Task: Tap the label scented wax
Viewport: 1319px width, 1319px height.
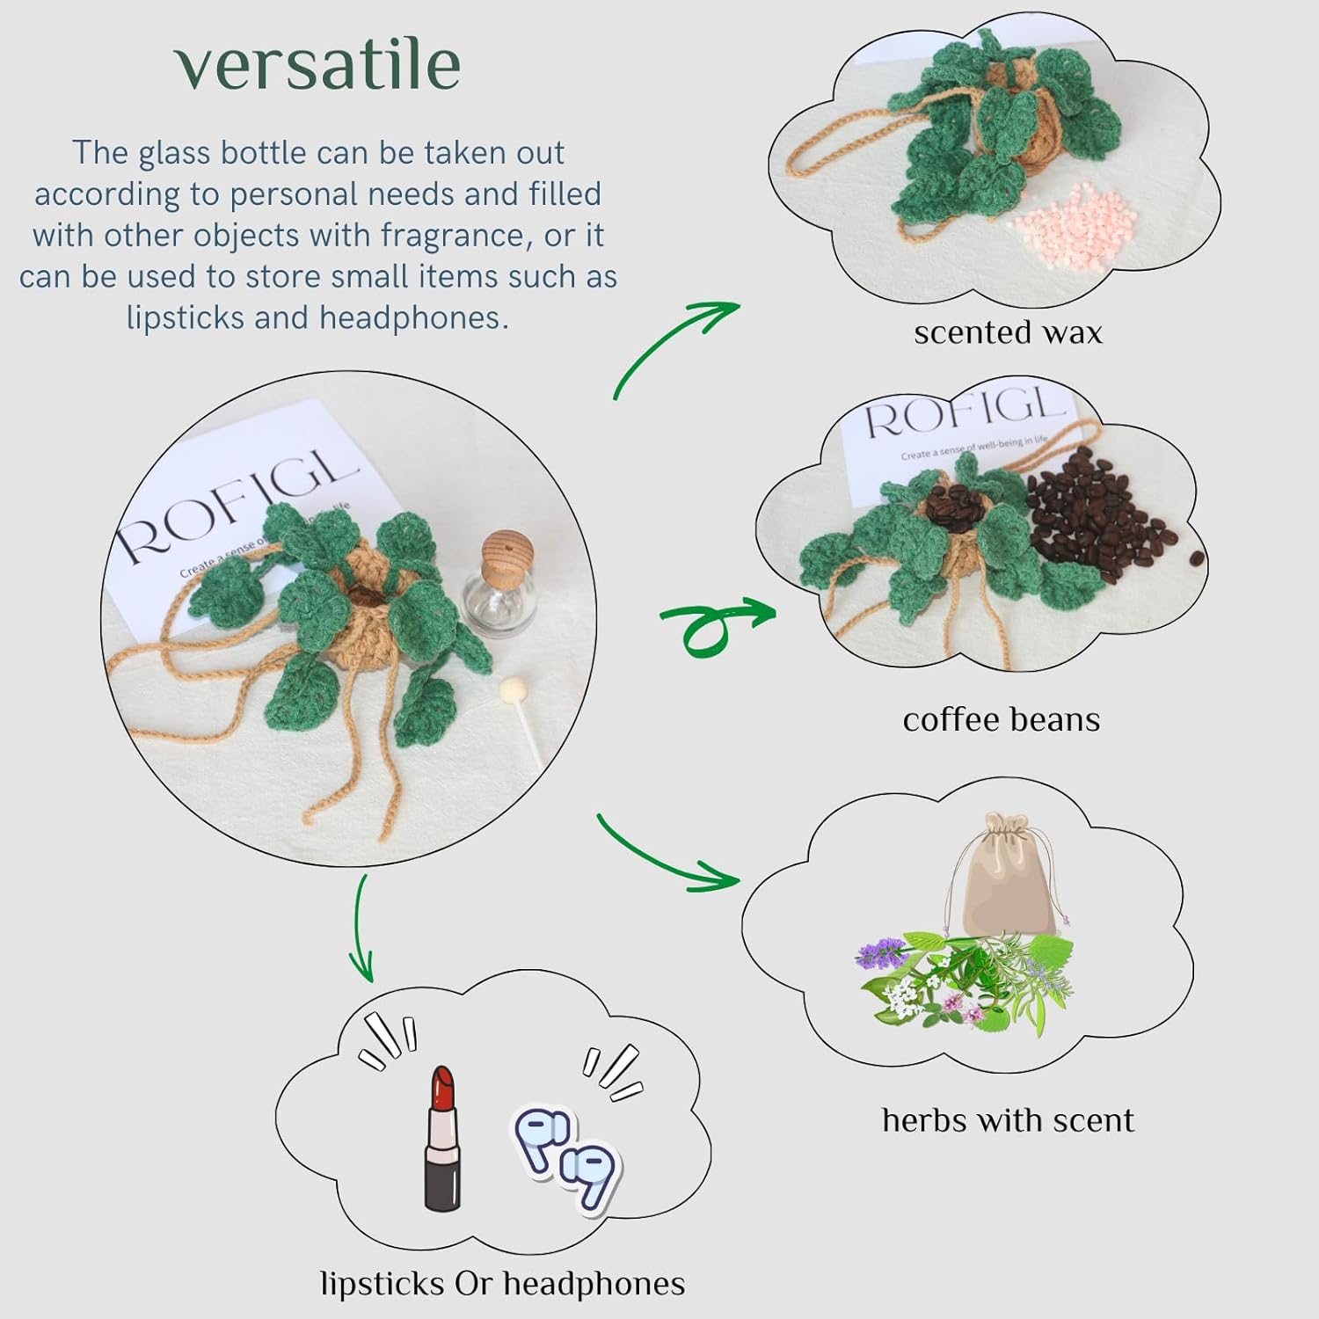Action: [x=1008, y=333]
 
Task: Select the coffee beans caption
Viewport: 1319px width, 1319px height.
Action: [x=1001, y=720]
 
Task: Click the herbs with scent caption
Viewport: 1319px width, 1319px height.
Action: [x=1008, y=1120]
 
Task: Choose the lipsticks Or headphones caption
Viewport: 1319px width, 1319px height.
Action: [x=502, y=1285]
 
